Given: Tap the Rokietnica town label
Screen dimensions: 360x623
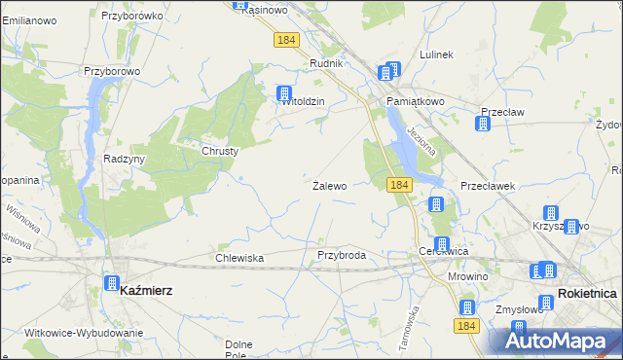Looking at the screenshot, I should click(x=588, y=293).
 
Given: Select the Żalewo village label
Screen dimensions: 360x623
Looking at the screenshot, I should click(x=329, y=185).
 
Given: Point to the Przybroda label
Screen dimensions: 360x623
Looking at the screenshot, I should click(x=341, y=255).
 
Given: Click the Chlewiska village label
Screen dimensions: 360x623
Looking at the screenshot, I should click(x=239, y=258).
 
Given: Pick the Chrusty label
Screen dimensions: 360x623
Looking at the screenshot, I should click(x=220, y=151).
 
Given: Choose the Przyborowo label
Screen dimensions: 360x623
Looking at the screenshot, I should click(x=113, y=71).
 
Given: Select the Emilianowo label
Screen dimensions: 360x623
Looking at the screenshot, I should click(x=28, y=20).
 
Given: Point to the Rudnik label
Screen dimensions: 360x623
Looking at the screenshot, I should click(x=325, y=63).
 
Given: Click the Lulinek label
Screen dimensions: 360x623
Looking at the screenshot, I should click(x=435, y=54).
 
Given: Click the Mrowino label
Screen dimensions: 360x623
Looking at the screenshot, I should click(x=467, y=276).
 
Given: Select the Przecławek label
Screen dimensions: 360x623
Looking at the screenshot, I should click(x=487, y=185).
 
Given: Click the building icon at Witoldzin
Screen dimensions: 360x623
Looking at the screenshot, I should click(x=285, y=93).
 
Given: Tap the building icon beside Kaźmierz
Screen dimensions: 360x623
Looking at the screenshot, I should click(x=111, y=283).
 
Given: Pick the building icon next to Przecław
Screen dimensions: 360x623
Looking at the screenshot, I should click(x=483, y=124).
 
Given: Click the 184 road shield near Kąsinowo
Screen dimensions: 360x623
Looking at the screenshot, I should click(x=285, y=40).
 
